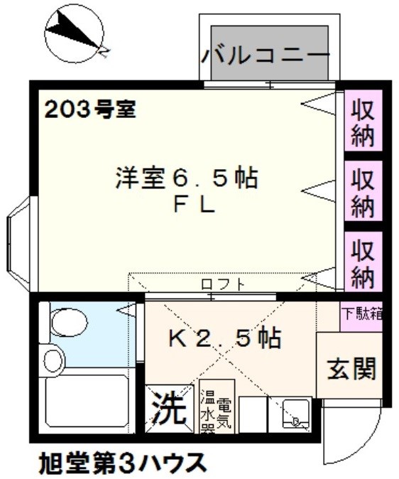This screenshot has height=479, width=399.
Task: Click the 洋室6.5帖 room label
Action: click(186, 178)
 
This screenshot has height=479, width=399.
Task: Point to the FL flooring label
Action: click(194, 205)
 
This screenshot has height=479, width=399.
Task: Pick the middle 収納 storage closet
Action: click(363, 190)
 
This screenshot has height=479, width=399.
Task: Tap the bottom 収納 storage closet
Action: click(363, 262)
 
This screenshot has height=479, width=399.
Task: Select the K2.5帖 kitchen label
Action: click(224, 337)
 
